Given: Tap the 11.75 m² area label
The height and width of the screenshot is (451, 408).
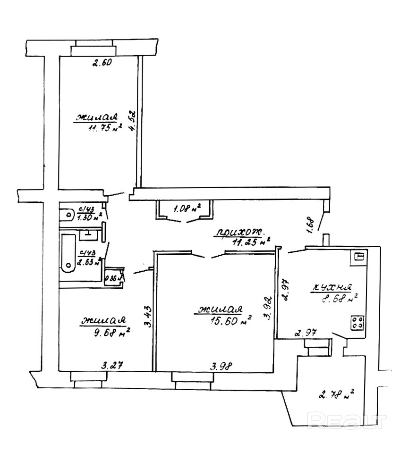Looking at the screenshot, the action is coord(102,129).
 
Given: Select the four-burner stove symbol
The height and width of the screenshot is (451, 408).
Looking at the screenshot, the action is coord(358,323).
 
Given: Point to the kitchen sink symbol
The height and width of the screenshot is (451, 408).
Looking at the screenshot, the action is coord(359,258).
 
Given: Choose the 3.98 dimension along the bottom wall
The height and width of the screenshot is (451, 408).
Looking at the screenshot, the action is coord(221,365).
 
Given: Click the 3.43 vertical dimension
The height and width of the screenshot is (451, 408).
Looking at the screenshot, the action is coord(148,317).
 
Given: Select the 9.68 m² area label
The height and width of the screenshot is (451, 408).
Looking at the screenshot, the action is coord(112,333).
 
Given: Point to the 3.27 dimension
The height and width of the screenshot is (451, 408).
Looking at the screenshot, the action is coord(112,365).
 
